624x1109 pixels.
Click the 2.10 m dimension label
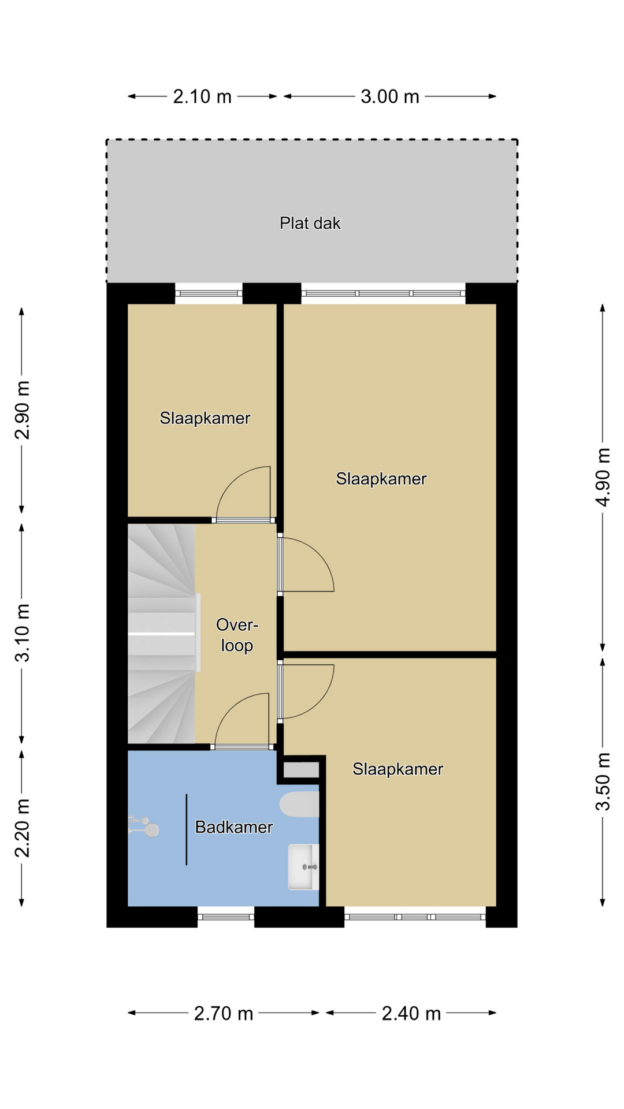click(x=202, y=96)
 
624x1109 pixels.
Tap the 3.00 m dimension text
click(x=390, y=96)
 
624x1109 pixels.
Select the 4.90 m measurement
click(x=603, y=477)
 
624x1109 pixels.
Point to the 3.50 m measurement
click(x=603, y=781)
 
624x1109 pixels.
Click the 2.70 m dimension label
click(x=224, y=1013)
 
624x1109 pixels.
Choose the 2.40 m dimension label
click(x=411, y=1013)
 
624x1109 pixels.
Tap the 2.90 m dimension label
click(x=22, y=410)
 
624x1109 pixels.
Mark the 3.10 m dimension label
click(x=22, y=633)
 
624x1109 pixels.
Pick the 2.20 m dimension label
click(x=22, y=828)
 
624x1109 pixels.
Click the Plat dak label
click(x=310, y=224)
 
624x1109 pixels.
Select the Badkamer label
click(x=234, y=827)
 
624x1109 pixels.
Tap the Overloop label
click(x=237, y=635)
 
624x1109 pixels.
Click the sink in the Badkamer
click(x=303, y=866)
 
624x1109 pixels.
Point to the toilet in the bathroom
click(x=299, y=805)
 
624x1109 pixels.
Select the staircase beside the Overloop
click(x=162, y=634)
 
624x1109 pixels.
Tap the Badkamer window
click(x=226, y=917)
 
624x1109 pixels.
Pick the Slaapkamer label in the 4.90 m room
click(x=381, y=479)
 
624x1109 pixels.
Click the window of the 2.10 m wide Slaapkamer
click(x=209, y=293)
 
